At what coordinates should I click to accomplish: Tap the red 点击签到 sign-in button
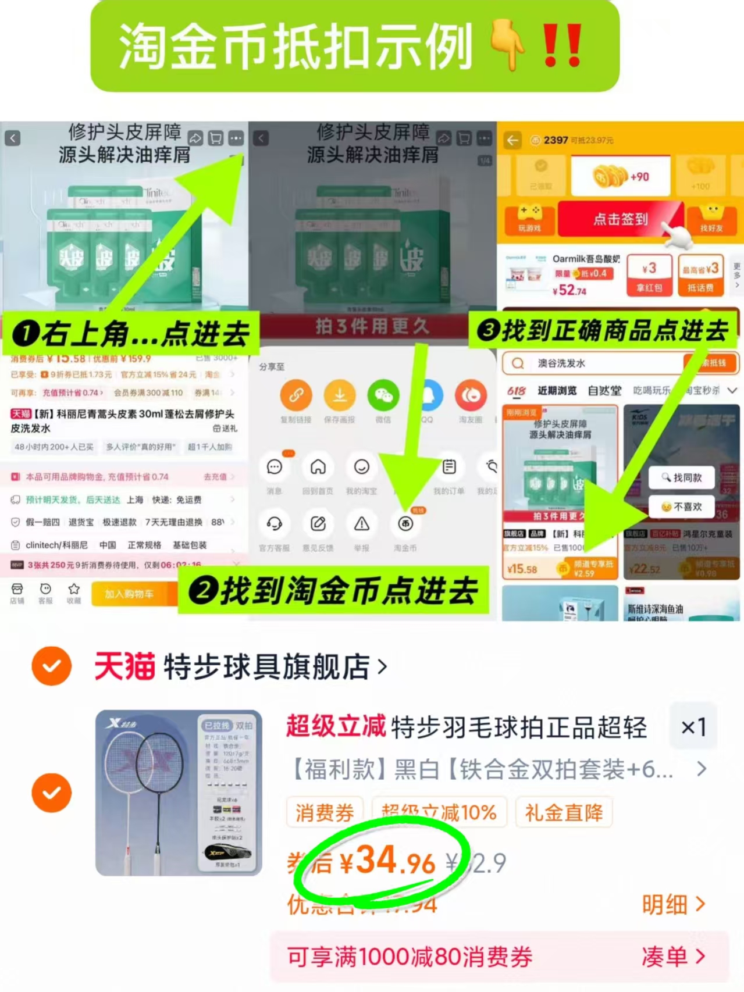(620, 219)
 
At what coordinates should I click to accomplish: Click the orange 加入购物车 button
(129, 594)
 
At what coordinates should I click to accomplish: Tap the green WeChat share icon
(383, 395)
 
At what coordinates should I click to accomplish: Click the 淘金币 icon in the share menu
(405, 524)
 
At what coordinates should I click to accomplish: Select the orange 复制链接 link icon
(296, 395)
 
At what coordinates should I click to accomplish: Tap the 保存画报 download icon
(340, 395)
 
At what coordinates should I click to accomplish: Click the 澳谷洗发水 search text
(561, 363)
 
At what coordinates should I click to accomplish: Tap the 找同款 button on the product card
(682, 477)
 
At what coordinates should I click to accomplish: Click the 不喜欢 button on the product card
(682, 506)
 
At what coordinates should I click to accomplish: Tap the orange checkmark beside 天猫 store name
(52, 666)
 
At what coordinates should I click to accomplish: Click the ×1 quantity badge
(693, 727)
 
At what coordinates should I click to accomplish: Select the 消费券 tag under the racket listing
(325, 812)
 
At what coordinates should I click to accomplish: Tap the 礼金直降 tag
(564, 812)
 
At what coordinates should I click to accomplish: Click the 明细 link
(673, 904)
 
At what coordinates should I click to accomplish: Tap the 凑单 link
(673, 956)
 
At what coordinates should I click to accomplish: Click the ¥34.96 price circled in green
(387, 862)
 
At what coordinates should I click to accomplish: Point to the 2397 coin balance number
(556, 140)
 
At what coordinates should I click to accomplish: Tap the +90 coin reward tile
(621, 176)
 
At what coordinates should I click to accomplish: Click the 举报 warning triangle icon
(362, 524)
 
